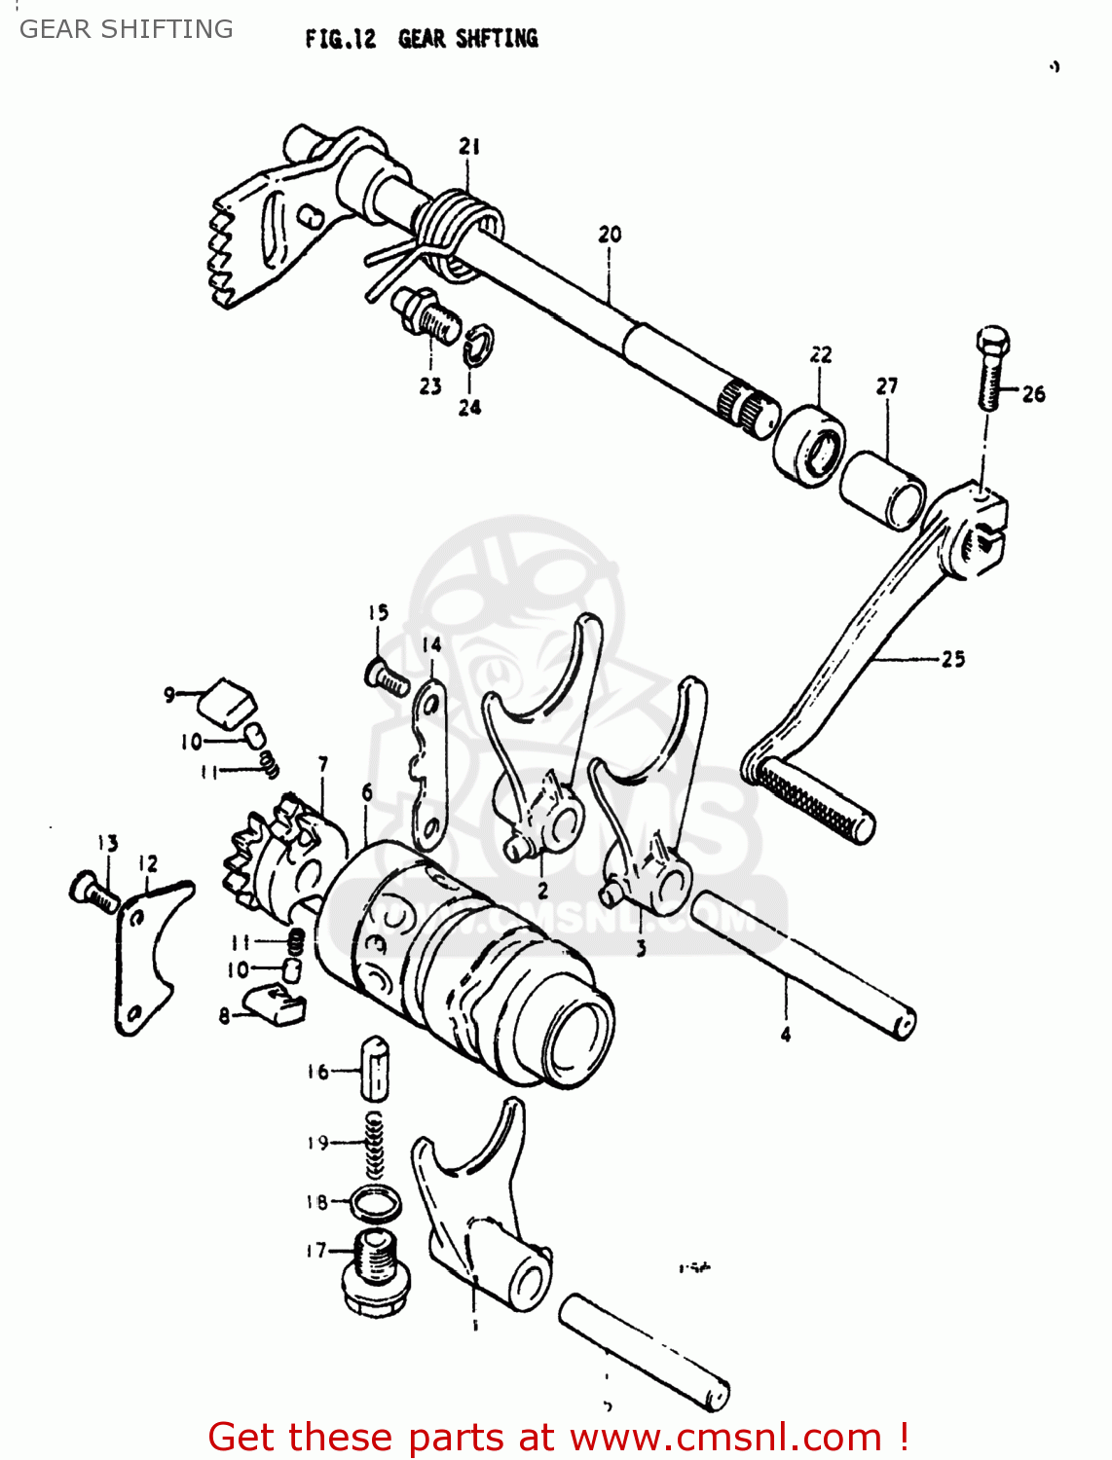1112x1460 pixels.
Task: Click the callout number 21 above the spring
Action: click(469, 146)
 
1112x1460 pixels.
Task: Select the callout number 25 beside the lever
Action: click(952, 659)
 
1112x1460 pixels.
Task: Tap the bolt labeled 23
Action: click(427, 313)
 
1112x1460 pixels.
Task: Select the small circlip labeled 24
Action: click(479, 346)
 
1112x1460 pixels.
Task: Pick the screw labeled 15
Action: click(387, 675)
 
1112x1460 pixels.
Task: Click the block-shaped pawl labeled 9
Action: click(228, 703)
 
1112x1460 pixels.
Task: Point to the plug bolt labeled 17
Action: click(375, 1271)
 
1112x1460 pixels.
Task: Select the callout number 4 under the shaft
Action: click(786, 1035)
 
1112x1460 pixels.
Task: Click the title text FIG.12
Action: click(340, 39)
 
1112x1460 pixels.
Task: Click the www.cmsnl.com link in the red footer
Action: click(725, 1437)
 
